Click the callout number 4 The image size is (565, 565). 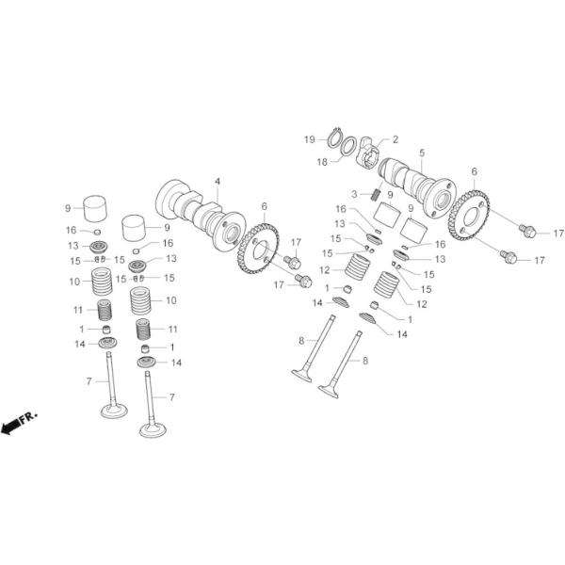[x=217, y=180]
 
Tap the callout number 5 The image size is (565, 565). [x=422, y=152]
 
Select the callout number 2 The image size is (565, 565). [x=395, y=139]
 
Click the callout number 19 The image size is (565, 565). [x=309, y=139]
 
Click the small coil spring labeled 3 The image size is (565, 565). [x=373, y=194]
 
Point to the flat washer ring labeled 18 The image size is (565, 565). [x=348, y=148]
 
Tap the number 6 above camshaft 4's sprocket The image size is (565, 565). [x=265, y=205]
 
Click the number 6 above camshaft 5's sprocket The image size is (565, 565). [x=474, y=171]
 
